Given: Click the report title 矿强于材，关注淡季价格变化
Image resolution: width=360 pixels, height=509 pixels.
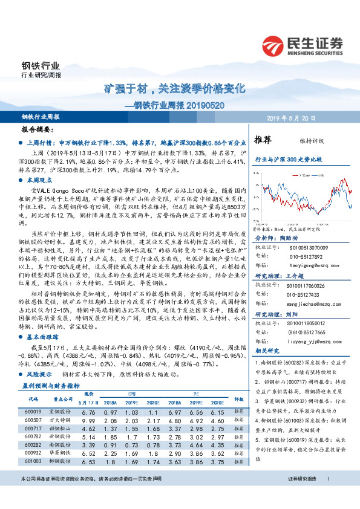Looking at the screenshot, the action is pyautogui.click(x=175, y=88).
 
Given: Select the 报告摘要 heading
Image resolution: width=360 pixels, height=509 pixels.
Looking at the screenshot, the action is pyautogui.click(x=38, y=129).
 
